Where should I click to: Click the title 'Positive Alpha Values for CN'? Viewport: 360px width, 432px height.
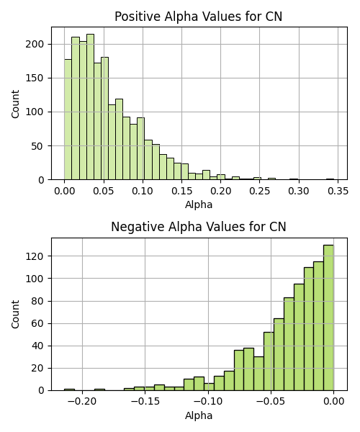[x=198, y=17]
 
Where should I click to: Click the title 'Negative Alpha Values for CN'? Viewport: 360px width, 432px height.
[x=198, y=227]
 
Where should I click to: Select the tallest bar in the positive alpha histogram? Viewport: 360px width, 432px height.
[x=90, y=107]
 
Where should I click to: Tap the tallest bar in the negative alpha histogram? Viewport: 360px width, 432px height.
[x=328, y=318]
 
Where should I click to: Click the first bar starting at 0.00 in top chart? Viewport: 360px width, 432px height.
[x=68, y=120]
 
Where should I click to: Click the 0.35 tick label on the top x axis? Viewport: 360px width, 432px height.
[x=338, y=191]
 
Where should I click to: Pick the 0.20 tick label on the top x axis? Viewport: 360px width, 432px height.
[x=220, y=191]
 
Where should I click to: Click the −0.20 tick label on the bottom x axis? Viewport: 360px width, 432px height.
[x=82, y=402]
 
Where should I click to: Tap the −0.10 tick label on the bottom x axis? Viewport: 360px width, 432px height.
[x=208, y=402]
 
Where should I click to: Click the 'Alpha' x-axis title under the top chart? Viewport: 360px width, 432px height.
[x=199, y=204]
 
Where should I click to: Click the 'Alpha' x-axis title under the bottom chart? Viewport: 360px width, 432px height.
[x=199, y=415]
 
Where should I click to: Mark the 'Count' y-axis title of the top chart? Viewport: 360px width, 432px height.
[x=16, y=104]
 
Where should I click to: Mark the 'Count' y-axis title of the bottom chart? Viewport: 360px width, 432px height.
[x=16, y=315]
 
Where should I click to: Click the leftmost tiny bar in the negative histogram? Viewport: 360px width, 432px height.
[x=69, y=390]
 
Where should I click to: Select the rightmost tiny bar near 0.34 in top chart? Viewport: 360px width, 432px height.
[x=330, y=179]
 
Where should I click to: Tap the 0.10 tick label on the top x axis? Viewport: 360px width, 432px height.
[x=143, y=191]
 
